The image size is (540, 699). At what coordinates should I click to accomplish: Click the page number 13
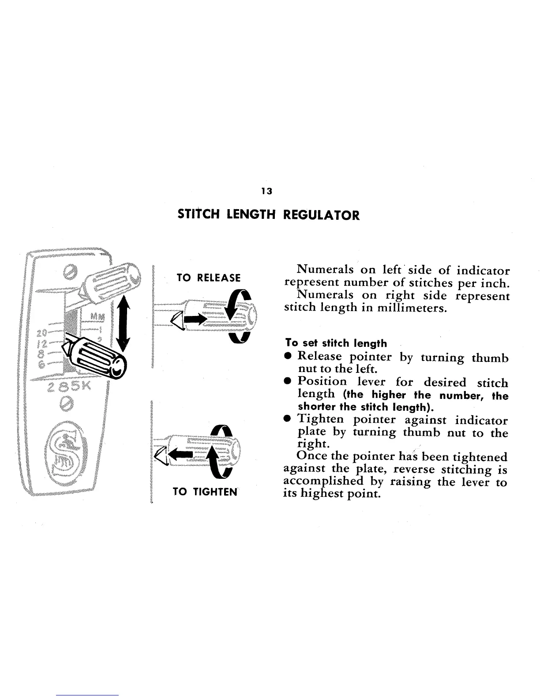pos(266,191)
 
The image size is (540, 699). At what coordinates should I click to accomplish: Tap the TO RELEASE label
pos(208,278)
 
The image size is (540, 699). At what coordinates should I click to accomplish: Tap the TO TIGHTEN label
pos(205,491)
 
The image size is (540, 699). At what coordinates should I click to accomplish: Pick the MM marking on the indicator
pos(96,316)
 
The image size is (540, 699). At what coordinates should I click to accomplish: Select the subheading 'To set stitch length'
pos(336,343)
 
